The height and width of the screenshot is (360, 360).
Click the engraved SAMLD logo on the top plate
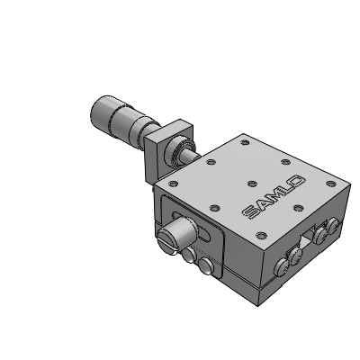(x=274, y=197)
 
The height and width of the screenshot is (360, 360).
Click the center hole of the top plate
(x=252, y=184)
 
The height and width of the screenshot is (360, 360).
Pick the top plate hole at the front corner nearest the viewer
(x=262, y=235)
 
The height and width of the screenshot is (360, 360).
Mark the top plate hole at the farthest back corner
(x=245, y=142)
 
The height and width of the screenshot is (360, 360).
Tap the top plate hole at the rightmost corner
(x=331, y=184)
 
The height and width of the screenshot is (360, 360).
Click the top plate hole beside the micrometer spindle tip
(x=211, y=162)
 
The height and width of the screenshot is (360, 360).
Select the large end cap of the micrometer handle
(x=102, y=111)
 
